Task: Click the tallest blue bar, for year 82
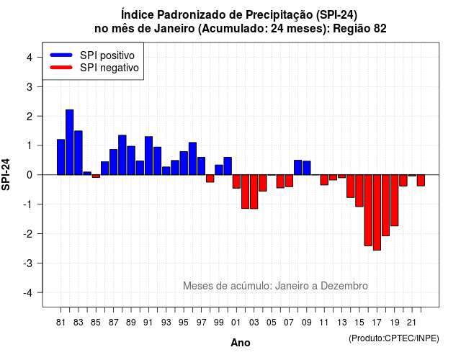[70, 143]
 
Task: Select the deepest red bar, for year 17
[377, 212]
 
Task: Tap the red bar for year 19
[395, 200]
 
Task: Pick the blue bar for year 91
[149, 156]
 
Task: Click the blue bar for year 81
[61, 157]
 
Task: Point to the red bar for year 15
[359, 191]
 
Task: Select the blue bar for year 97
[202, 166]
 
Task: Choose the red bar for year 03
[254, 192]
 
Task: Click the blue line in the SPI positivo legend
[61, 55]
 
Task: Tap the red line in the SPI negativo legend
[61, 67]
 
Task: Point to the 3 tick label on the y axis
[30, 86]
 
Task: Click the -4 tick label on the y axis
[28, 293]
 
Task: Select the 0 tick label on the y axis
[30, 175]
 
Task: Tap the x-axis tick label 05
[272, 323]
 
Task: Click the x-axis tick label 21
[411, 323]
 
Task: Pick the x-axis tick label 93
[166, 323]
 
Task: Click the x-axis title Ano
[241, 343]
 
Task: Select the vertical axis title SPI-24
[6, 174]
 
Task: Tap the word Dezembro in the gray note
[344, 286]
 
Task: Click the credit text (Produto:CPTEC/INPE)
[394, 338]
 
